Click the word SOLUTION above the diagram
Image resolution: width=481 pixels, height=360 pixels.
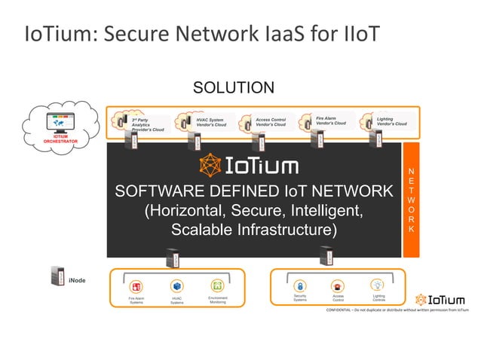click(234, 88)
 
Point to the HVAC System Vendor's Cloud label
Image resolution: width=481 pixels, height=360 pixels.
click(210, 121)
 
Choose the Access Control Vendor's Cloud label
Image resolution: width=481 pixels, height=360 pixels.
click(274, 121)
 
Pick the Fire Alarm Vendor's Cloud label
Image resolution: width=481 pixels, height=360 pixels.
click(331, 120)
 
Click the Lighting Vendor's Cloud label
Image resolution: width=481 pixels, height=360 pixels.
click(391, 121)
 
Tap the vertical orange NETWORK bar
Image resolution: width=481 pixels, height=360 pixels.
click(410, 200)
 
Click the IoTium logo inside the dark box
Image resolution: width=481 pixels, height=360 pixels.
click(248, 166)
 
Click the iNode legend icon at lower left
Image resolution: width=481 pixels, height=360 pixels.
click(55, 279)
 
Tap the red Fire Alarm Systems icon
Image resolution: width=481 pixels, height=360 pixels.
click(136, 287)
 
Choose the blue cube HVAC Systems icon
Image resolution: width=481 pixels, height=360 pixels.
click(176, 286)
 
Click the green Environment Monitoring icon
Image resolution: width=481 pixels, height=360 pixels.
click(217, 286)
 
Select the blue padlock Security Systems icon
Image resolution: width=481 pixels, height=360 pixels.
click(299, 286)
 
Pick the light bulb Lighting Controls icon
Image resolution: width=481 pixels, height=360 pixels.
click(378, 285)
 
